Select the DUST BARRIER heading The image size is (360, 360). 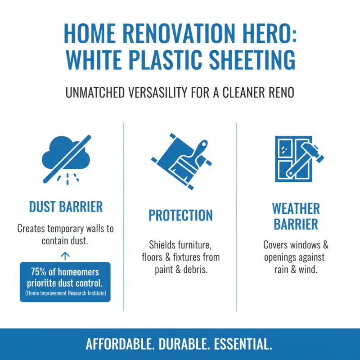66,207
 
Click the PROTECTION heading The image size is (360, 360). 180,216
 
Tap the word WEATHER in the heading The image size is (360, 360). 296,209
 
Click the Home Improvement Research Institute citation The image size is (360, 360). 65,293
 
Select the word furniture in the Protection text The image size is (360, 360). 192,245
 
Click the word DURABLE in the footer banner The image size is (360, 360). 182,344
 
